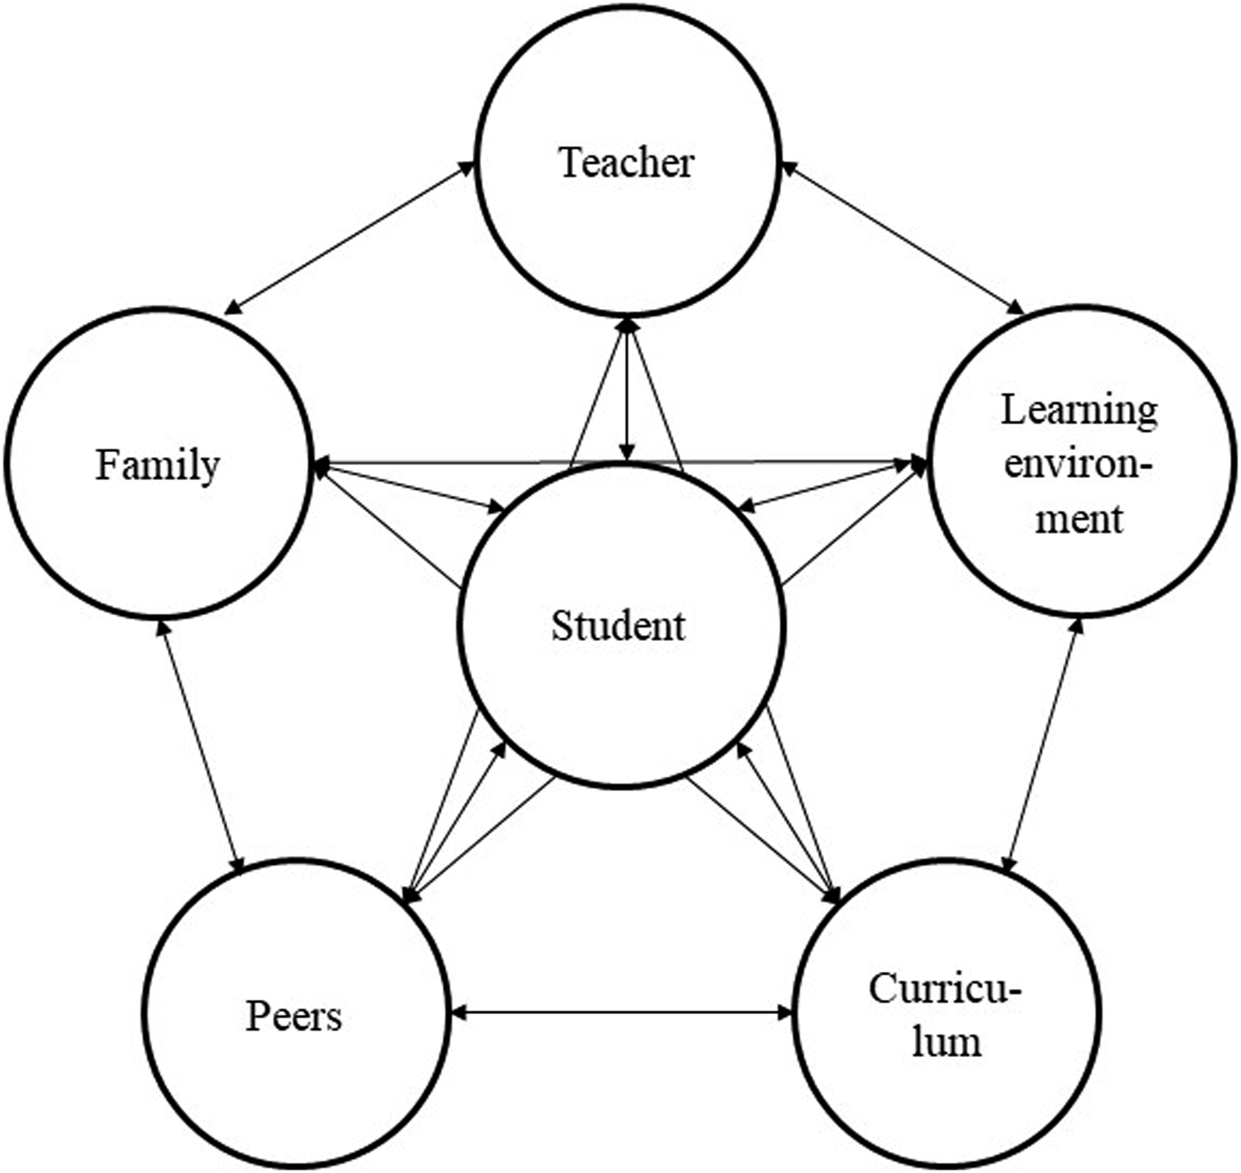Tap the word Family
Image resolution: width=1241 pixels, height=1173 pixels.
(x=157, y=466)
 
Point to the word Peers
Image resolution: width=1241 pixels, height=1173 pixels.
(x=293, y=1016)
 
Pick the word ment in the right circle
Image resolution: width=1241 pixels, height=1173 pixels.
(x=1079, y=520)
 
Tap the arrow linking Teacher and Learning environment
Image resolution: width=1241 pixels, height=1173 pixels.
(x=903, y=237)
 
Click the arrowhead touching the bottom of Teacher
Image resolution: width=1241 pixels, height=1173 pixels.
(x=628, y=326)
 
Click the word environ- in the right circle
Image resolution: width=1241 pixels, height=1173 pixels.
(x=1078, y=467)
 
